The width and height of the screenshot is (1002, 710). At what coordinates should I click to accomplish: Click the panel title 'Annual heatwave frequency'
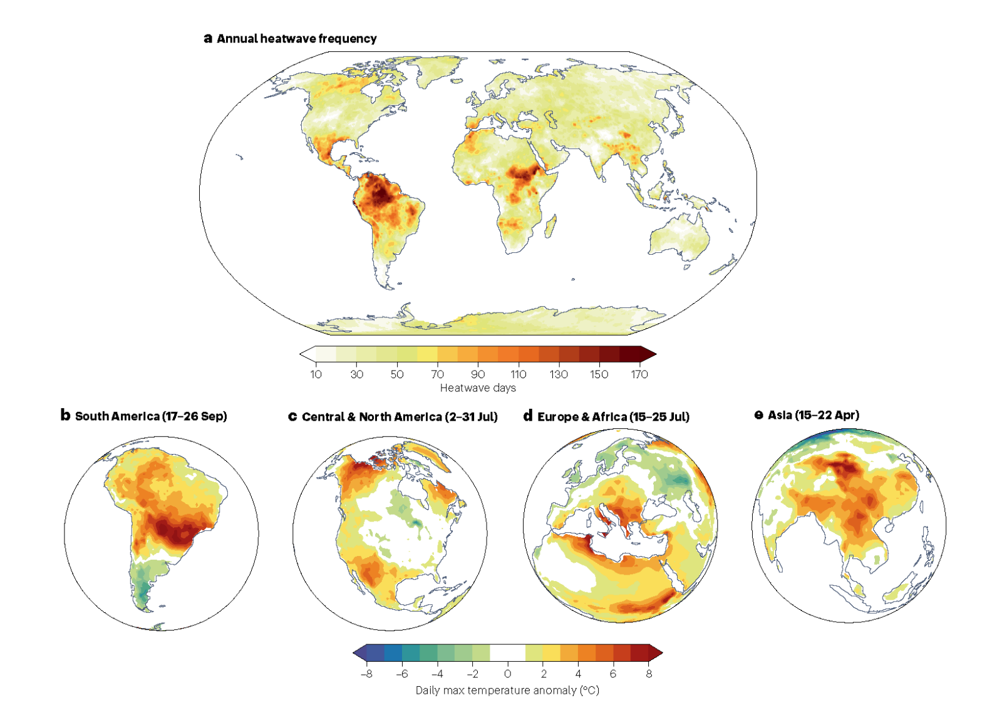[296, 39]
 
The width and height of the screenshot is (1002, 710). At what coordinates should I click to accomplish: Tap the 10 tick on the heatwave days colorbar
[316, 374]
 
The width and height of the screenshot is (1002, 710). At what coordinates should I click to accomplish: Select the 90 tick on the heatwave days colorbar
[478, 374]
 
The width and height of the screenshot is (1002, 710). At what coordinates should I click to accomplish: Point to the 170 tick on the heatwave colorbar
[639, 374]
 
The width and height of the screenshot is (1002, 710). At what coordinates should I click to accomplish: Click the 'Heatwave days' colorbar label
[478, 388]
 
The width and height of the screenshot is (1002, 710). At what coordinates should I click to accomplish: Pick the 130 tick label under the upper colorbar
[559, 374]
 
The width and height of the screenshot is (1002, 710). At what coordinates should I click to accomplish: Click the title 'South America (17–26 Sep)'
[151, 416]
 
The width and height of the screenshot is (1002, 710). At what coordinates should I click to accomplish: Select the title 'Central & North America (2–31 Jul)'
[400, 417]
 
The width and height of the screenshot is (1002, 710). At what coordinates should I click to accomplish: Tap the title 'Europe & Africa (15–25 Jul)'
[613, 417]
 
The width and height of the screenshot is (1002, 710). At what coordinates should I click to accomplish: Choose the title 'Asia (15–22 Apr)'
[813, 415]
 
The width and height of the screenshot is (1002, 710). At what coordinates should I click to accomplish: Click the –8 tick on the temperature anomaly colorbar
[366, 674]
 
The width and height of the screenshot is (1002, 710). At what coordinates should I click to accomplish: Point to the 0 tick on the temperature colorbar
[507, 674]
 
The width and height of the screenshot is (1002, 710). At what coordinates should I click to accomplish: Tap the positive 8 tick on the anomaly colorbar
[649, 674]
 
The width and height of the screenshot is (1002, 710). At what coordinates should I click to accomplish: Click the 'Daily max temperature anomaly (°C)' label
[507, 691]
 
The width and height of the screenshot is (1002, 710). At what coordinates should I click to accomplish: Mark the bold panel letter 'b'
[65, 415]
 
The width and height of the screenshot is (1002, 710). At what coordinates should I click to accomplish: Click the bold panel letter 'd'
[528, 416]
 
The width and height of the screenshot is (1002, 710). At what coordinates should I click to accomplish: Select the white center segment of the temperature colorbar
[507, 653]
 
